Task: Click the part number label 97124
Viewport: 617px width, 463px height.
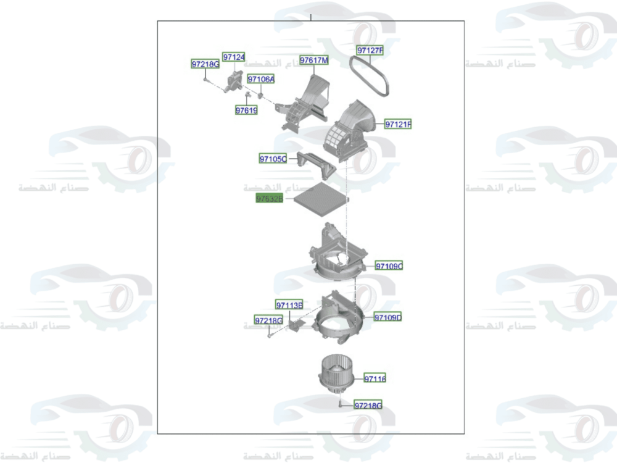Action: coord(234,57)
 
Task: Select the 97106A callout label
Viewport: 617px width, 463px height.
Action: coord(261,80)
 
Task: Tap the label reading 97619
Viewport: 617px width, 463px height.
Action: coord(246,111)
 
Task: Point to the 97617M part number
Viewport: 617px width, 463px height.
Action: coord(313,60)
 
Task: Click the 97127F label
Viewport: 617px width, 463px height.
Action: coord(370,50)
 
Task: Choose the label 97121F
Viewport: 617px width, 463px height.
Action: coord(398,125)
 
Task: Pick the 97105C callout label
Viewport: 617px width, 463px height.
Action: coord(273,159)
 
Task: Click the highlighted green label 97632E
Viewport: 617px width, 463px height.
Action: coord(270,199)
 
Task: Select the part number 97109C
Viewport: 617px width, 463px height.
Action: coord(389,266)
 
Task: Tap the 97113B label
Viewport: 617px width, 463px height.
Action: coord(289,305)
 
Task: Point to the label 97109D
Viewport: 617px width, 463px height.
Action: coord(387,317)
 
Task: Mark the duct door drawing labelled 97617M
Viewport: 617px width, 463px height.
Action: coord(306,99)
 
